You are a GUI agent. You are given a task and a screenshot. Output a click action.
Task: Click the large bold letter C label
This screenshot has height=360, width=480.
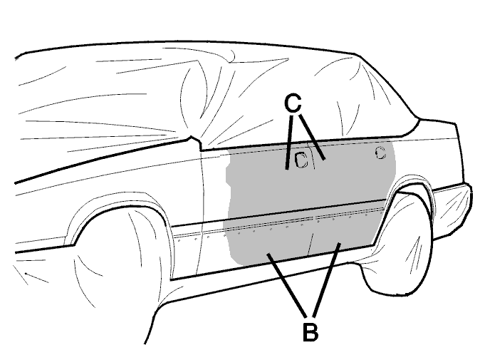click(293, 103)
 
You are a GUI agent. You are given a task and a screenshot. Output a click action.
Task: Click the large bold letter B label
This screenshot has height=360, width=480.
click(310, 331)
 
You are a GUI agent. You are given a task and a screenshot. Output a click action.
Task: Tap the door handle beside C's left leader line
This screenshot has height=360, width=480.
click(301, 160)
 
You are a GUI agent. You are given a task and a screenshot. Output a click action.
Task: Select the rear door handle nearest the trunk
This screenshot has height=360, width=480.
click(380, 153)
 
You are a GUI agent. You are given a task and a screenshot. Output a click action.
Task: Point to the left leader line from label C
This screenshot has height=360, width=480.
click(289, 142)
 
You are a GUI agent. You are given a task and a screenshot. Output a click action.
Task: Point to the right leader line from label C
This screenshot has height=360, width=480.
click(312, 137)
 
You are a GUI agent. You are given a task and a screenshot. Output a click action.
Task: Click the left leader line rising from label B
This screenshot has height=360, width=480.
click(286, 285)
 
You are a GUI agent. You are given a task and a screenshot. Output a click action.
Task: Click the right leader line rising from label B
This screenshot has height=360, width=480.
click(326, 279)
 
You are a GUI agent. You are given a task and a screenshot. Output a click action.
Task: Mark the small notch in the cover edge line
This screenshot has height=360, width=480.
click(194, 141)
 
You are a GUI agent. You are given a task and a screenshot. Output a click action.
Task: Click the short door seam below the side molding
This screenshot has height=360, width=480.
click(310, 244)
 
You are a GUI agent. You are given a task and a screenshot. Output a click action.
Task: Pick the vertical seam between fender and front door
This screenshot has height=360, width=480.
click(201, 212)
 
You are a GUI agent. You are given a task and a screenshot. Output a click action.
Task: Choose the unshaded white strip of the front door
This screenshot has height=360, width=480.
click(214, 190)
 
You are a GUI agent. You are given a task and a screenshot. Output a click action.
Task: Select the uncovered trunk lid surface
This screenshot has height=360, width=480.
click(434, 130)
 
